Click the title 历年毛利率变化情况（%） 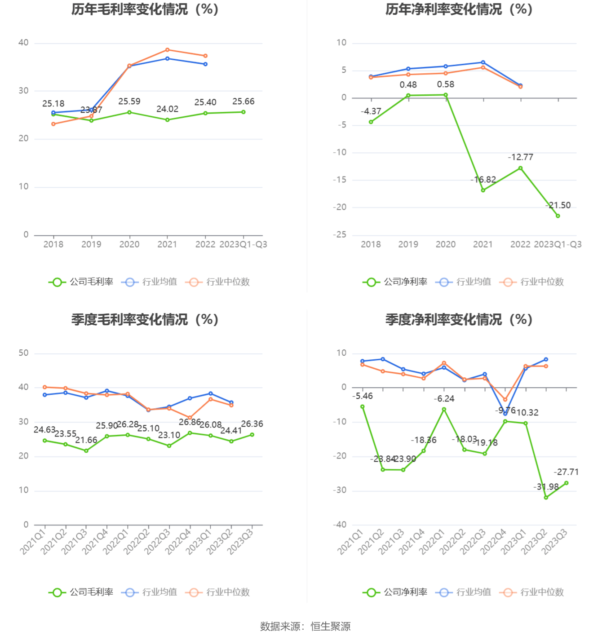tap(145, 9)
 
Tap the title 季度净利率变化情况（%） tap(459, 320)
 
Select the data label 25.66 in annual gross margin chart tap(244, 102)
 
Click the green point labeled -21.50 tap(558, 216)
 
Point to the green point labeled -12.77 tap(521, 168)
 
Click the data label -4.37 tap(371, 111)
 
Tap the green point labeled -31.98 tap(546, 498)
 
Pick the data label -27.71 tap(566, 472)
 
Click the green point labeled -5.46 tap(363, 406)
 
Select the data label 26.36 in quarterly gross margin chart tap(252, 424)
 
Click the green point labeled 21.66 tap(86, 450)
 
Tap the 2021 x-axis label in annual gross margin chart tap(167, 244)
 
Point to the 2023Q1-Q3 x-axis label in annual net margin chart tap(558, 244)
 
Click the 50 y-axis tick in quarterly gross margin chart tap(23, 353)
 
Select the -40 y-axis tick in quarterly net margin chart tap(340, 525)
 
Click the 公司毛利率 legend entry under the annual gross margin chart tap(81, 282)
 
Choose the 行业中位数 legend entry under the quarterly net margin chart tap(532, 592)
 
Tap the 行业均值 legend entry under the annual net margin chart tap(464, 282)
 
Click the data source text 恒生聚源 tap(331, 627)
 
